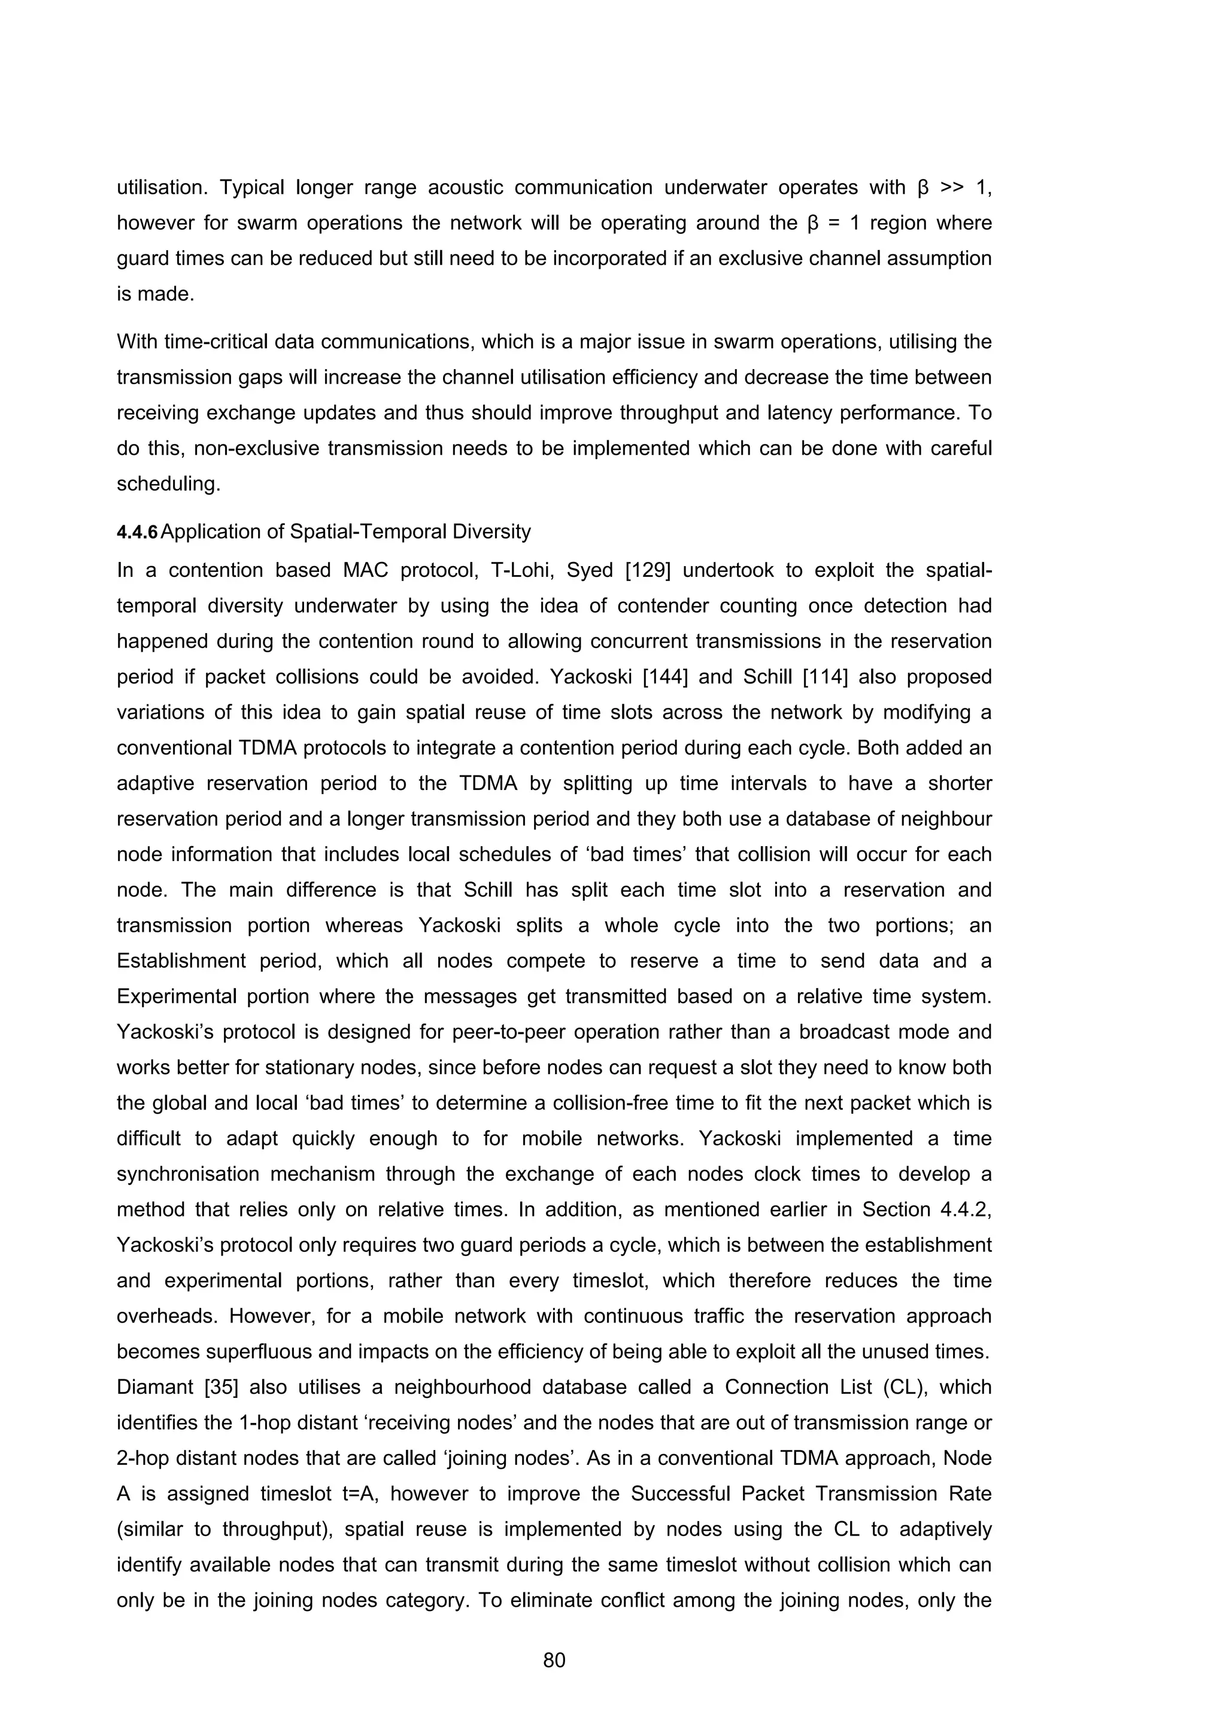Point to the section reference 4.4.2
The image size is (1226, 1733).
point(964,1209)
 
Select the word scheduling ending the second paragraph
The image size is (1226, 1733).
point(168,485)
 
